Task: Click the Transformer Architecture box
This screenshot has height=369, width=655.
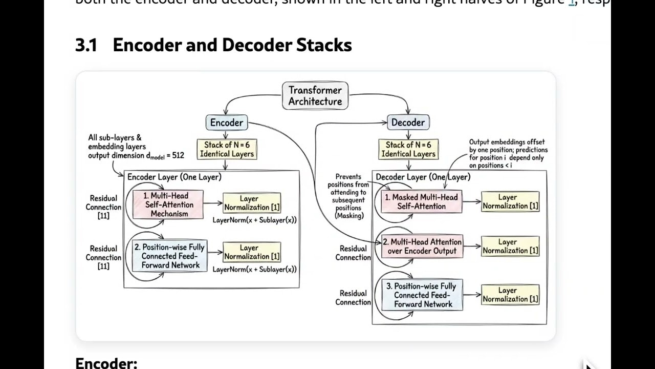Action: coord(315,96)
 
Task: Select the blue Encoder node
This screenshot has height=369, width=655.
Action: coord(227,122)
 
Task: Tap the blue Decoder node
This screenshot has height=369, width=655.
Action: coord(408,122)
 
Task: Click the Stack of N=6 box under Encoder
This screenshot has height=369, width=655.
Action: coord(227,149)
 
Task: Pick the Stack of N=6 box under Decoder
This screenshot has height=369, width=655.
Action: coord(408,149)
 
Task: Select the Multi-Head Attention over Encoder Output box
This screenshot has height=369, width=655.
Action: coord(422,247)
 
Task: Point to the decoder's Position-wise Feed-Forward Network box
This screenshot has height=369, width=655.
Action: coord(422,295)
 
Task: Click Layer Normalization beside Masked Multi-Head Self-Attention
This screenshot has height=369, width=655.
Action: coord(510,201)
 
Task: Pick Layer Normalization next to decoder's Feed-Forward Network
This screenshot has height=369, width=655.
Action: coord(510,295)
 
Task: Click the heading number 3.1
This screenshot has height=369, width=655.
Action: coord(86,45)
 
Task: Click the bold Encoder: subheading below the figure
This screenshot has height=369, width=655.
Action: coord(106,363)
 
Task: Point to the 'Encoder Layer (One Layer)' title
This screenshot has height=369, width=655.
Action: coord(174,177)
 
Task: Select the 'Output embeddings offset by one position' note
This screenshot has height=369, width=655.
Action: coord(508,154)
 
